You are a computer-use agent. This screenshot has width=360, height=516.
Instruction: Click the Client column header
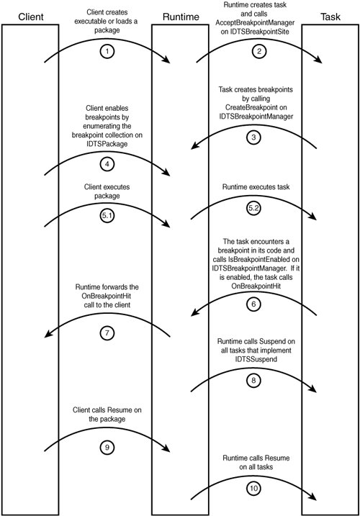(31, 17)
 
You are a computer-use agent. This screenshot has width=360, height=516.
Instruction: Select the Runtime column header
(181, 17)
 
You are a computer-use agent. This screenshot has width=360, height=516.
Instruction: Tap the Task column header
(330, 17)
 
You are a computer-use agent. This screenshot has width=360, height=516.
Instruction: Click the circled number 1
(107, 51)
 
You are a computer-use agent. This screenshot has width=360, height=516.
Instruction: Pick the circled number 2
(259, 51)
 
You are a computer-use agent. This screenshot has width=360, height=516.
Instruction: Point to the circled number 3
(253, 137)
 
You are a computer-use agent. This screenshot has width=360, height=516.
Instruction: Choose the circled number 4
(107, 164)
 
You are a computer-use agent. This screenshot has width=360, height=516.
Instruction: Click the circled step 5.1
(107, 216)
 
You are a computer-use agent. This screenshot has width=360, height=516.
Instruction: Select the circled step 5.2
(253, 208)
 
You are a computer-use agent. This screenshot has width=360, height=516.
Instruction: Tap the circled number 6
(253, 304)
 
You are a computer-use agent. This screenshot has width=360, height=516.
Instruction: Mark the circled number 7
(107, 333)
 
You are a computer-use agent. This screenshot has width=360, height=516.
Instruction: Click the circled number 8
(253, 381)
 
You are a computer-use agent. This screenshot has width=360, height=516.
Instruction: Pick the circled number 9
(107, 448)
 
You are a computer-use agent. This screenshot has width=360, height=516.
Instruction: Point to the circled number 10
(253, 489)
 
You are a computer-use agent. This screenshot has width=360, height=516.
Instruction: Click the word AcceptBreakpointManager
(255, 23)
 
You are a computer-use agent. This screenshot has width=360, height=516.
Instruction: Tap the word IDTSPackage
(107, 144)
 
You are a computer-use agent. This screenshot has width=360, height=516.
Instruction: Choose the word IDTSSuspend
(256, 359)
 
